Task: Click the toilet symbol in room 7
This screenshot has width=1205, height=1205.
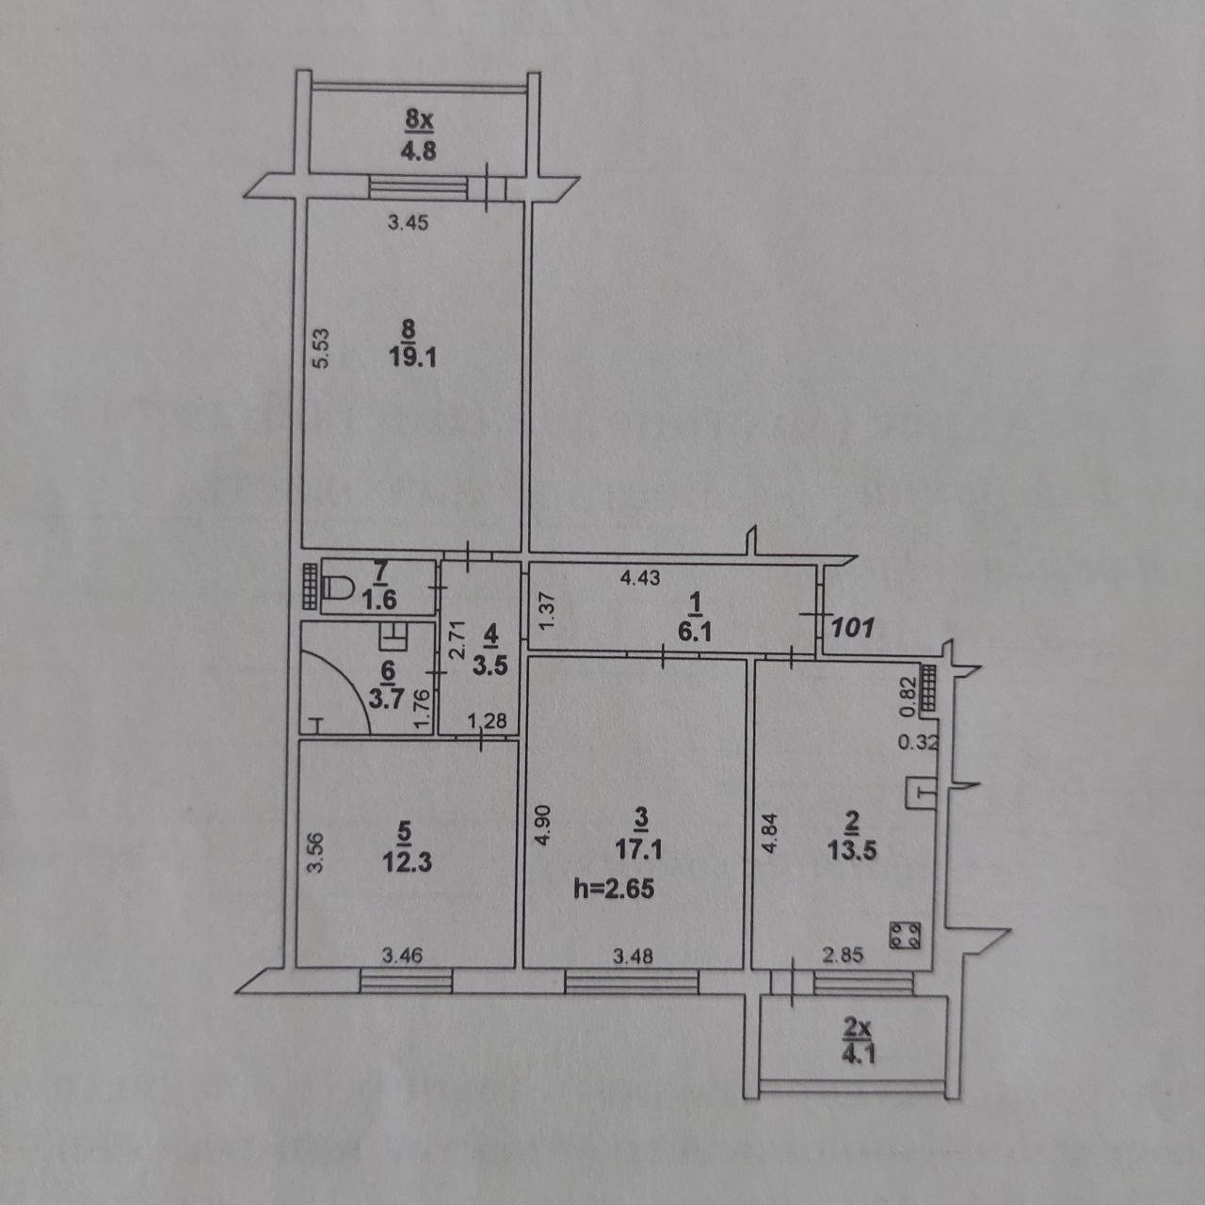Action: coord(336,588)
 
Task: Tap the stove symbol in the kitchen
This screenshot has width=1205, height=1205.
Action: coord(906,936)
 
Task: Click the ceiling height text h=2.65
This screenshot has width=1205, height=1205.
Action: coord(614,887)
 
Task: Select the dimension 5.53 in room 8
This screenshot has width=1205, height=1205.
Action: coord(319,348)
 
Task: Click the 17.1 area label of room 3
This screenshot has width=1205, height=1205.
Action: coord(640,849)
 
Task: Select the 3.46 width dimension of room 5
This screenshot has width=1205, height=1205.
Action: coord(402,956)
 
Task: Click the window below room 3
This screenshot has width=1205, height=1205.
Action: coord(632,983)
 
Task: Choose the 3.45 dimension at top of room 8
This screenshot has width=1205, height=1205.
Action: coord(409,223)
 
